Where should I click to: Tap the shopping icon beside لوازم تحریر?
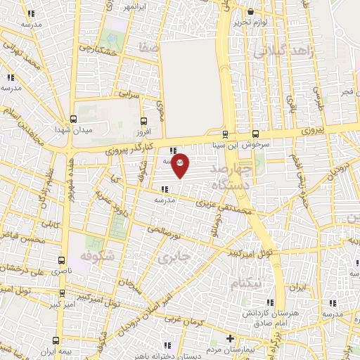[251, 11]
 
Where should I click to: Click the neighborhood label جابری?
[174, 257]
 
